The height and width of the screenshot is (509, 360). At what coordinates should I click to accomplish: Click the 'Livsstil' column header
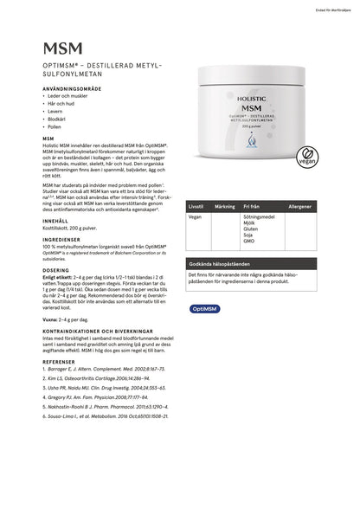coord(196,208)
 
